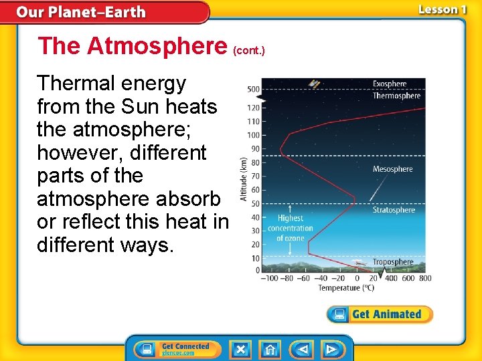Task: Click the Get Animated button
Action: [x=380, y=314]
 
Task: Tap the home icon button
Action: [x=270, y=350]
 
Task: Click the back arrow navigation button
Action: [x=303, y=350]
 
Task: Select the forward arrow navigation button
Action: [x=331, y=350]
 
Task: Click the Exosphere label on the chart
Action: [x=389, y=84]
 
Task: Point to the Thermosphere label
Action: [x=396, y=96]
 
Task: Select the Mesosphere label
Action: [x=392, y=169]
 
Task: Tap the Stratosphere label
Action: [x=394, y=210]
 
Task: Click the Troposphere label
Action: [x=393, y=262]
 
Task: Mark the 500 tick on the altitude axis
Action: [x=254, y=89]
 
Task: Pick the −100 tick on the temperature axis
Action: [x=269, y=278]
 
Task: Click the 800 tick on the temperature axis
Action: [x=425, y=278]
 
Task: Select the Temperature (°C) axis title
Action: [x=345, y=287]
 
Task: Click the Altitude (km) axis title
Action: [x=244, y=178]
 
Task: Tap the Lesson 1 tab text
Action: [x=442, y=9]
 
